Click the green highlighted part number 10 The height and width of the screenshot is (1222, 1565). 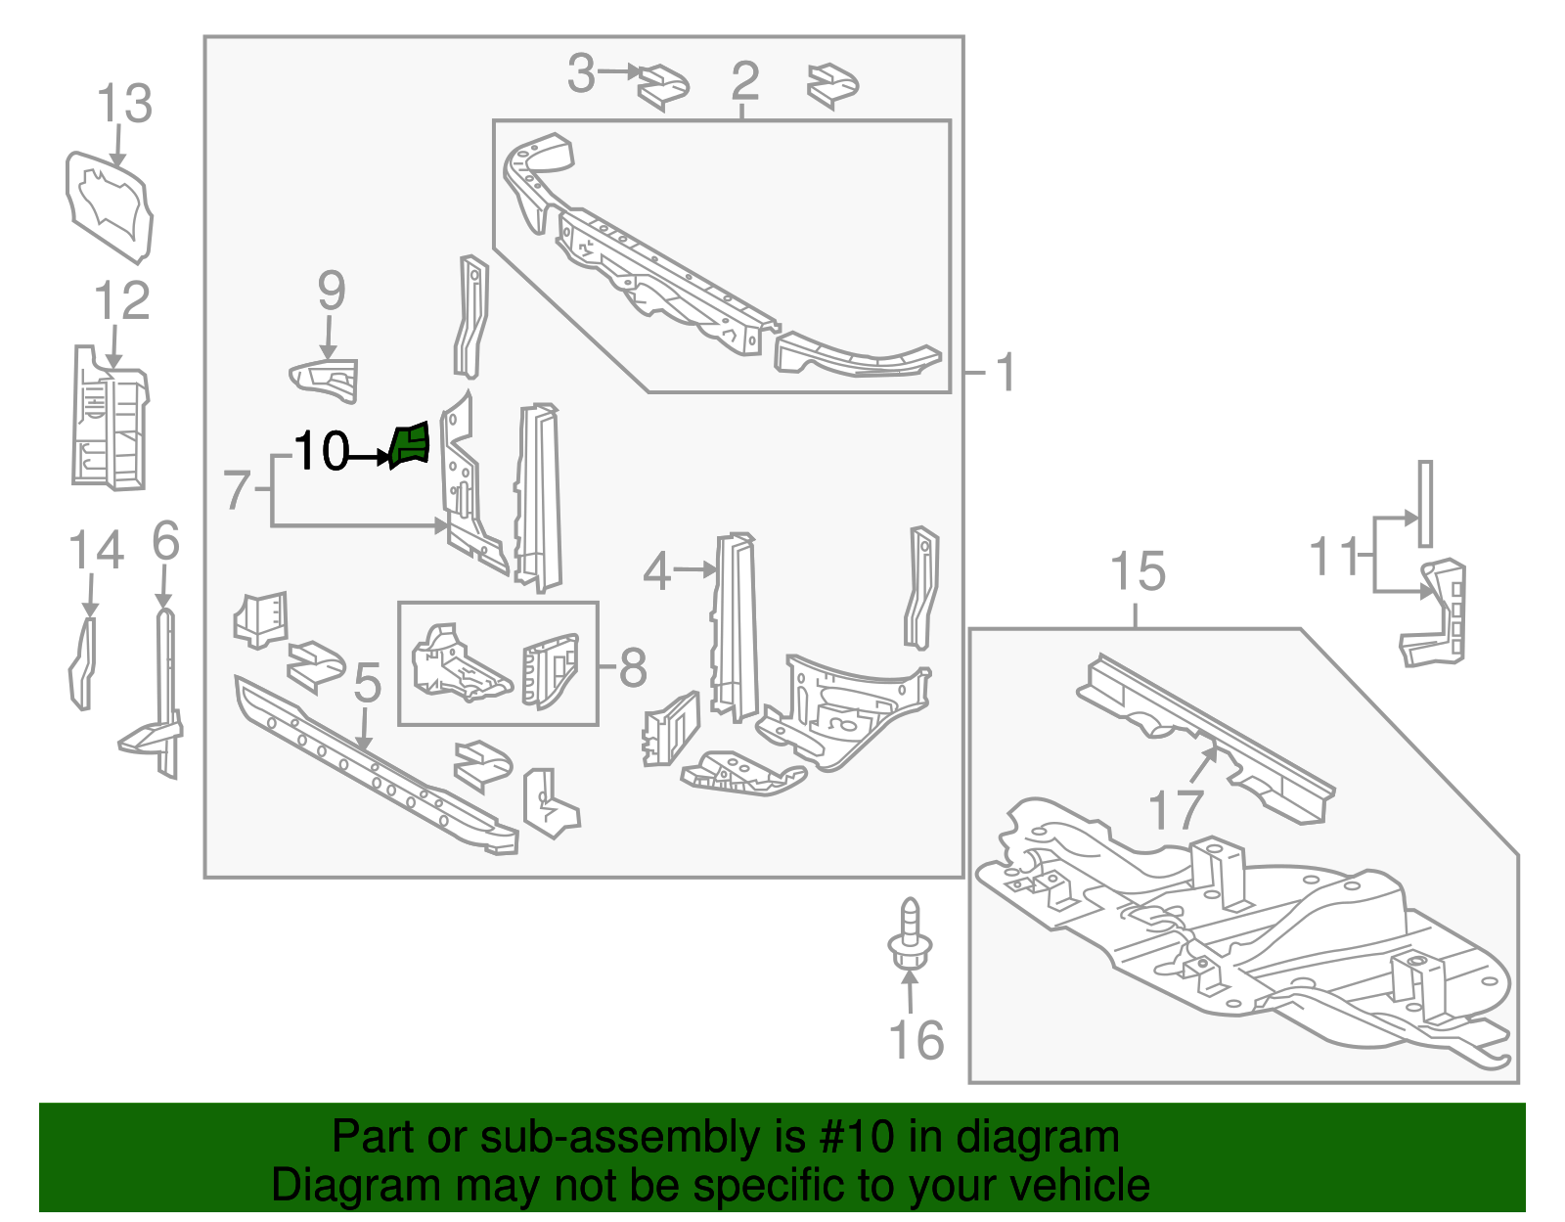(x=410, y=445)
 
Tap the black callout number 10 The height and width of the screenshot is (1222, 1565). (x=321, y=452)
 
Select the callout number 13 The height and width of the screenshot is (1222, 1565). (x=125, y=104)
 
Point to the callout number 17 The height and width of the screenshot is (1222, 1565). (x=1175, y=810)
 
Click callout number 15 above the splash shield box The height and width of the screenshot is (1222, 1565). (x=1138, y=571)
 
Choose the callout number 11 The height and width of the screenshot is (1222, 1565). (x=1335, y=557)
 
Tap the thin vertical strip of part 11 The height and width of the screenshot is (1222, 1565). (x=1425, y=503)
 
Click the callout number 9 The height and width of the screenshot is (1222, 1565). (x=332, y=291)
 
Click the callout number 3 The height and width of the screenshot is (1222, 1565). (x=581, y=73)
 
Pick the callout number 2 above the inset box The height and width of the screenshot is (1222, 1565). (x=744, y=80)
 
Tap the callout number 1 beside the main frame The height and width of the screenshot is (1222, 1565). (x=1005, y=373)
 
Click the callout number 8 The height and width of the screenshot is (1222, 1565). (x=633, y=668)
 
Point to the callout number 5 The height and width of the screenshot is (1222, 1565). (x=367, y=683)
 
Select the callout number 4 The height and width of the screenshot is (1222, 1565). (x=656, y=571)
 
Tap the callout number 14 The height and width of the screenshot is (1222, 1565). (x=96, y=551)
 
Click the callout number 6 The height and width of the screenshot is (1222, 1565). (x=166, y=541)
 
